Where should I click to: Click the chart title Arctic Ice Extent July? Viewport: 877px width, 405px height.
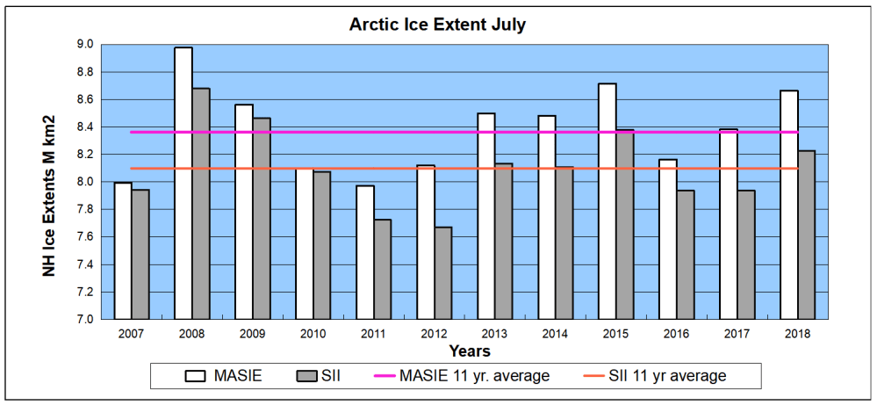click(438, 25)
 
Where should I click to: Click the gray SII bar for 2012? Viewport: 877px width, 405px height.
click(443, 272)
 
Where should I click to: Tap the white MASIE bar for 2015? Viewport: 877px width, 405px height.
click(607, 201)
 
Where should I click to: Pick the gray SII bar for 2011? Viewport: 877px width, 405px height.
click(383, 269)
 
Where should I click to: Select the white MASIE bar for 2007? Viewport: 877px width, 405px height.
click(123, 250)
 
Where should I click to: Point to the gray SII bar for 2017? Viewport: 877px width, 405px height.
click(746, 254)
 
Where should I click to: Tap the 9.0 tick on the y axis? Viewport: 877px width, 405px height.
click(85, 44)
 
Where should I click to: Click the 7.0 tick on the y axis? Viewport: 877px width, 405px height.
click(85, 320)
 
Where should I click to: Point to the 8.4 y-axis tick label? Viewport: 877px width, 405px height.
click(85, 127)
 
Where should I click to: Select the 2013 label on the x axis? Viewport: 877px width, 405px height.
click(494, 335)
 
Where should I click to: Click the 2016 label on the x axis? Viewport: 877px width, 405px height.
click(676, 335)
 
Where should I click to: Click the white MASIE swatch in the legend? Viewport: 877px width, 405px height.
click(196, 376)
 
